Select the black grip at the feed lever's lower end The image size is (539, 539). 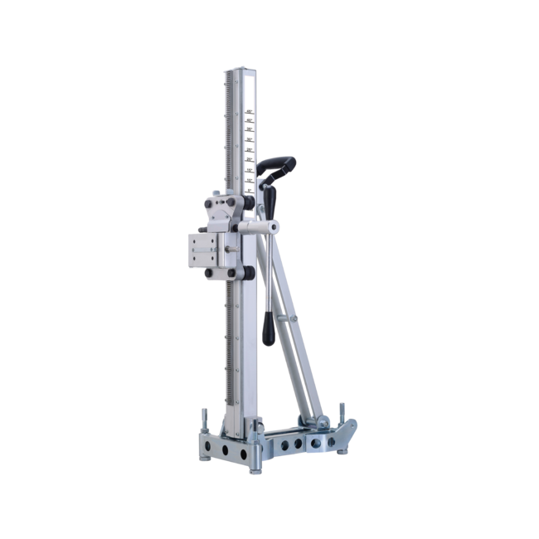[269, 329]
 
